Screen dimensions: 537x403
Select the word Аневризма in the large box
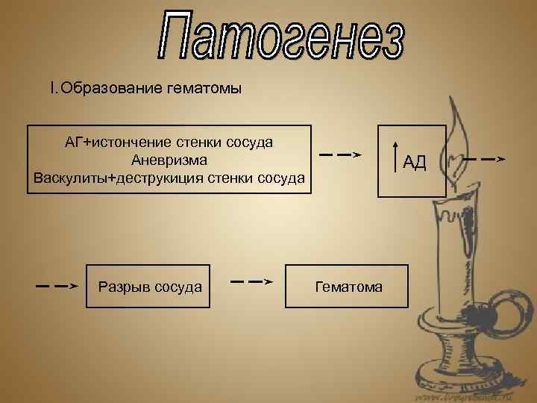click(x=169, y=160)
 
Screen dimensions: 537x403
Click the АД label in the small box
click(x=415, y=162)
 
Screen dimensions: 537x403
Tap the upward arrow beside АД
click(x=395, y=160)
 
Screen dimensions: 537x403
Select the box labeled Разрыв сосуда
click(x=148, y=286)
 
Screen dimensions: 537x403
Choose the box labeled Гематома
click(x=347, y=286)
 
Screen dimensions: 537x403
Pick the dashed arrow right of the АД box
click(x=483, y=159)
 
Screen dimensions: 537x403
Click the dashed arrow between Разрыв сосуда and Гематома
click(x=250, y=281)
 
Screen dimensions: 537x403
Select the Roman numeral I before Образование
click(x=51, y=90)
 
